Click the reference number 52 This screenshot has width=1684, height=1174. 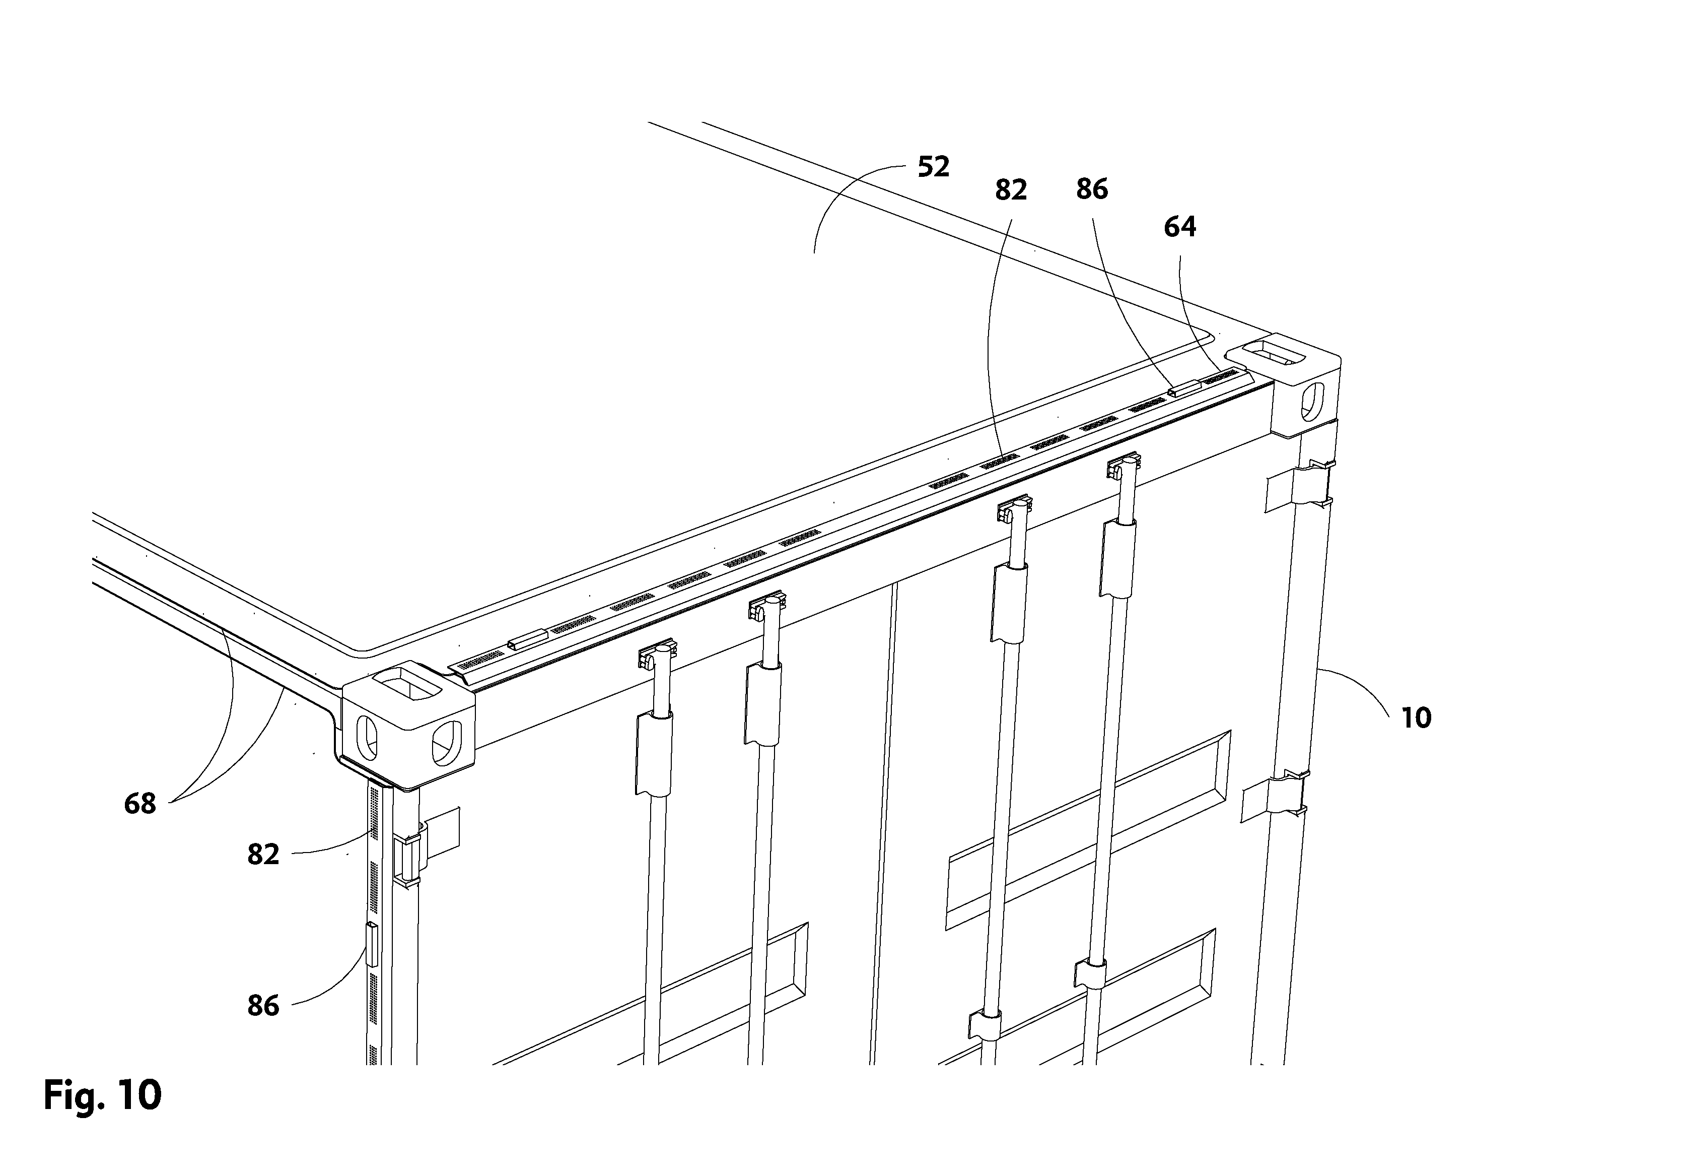point(934,167)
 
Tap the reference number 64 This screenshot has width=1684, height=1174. point(1180,227)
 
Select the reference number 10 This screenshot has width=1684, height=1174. point(1416,718)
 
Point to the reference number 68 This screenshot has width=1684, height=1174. point(140,804)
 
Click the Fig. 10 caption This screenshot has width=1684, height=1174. point(103,1095)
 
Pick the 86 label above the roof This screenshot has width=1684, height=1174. point(1092,189)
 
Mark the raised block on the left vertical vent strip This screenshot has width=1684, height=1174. point(372,944)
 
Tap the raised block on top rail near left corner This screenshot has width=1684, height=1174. point(527,639)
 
